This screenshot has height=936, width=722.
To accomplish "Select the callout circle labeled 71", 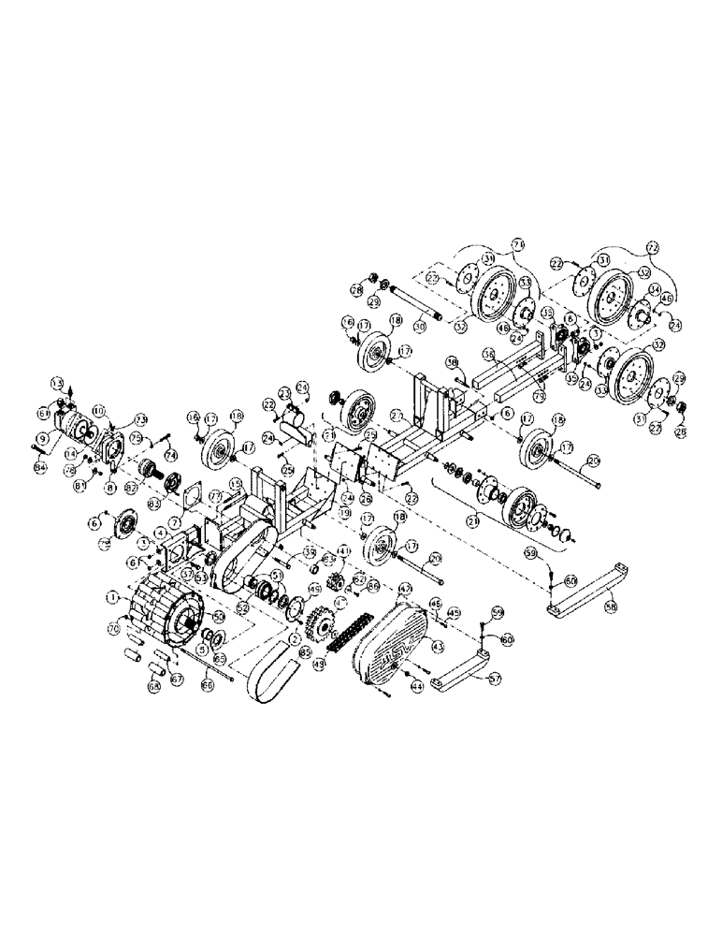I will [106, 541].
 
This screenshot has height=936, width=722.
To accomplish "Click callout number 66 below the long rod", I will [206, 686].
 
